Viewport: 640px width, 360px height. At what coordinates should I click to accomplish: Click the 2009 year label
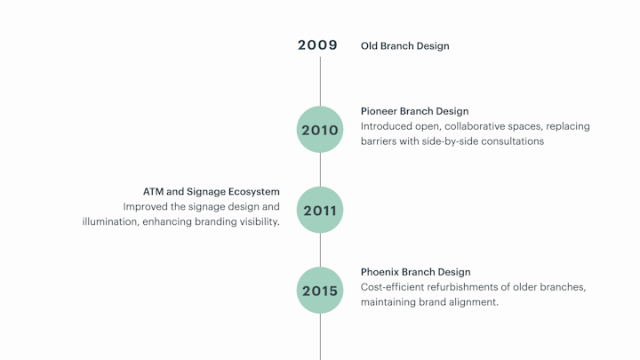point(317,45)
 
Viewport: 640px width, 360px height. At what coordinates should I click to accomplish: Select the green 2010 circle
point(320,130)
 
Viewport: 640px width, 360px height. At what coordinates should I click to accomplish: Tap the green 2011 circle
point(320,210)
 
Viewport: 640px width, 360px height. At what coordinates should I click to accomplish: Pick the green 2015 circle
point(320,290)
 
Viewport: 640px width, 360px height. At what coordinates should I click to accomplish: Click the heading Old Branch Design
point(405,46)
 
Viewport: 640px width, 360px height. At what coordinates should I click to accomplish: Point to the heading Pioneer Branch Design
point(415,111)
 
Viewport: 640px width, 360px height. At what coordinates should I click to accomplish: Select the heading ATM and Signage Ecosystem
point(212,192)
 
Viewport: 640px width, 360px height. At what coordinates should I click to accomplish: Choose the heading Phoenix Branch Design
point(415,272)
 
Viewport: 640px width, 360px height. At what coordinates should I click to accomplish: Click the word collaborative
point(474,126)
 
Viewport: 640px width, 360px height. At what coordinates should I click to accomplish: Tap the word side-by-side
point(452,141)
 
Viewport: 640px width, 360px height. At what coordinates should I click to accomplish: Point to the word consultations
point(513,141)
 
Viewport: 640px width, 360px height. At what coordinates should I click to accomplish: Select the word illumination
point(110,221)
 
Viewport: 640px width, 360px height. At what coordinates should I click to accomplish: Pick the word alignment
point(474,302)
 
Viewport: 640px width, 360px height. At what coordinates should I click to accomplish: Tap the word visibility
point(260,221)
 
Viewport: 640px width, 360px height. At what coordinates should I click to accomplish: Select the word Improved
point(145,206)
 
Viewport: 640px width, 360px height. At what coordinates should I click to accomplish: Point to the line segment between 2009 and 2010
point(320,82)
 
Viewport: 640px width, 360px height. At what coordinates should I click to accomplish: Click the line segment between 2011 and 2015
point(320,250)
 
